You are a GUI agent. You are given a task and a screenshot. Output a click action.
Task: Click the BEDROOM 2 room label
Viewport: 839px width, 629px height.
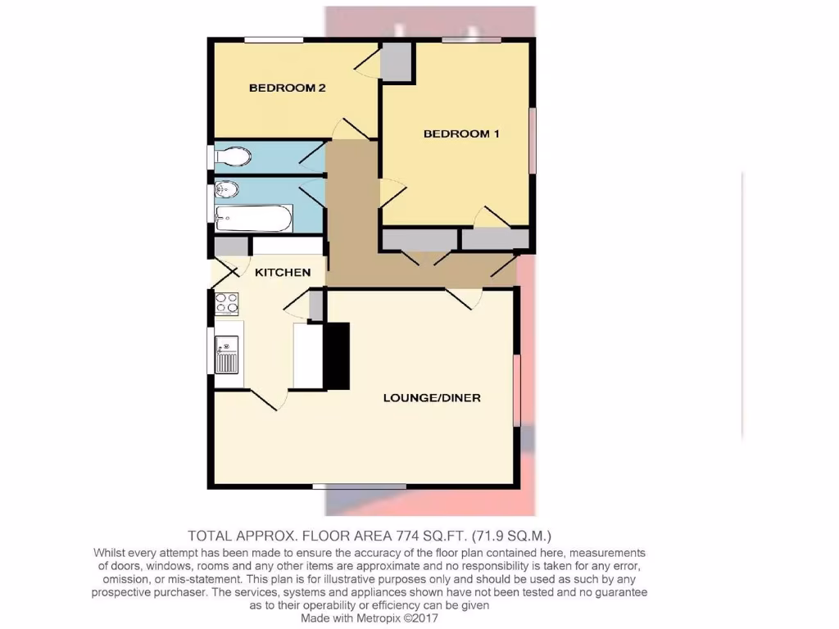(x=288, y=88)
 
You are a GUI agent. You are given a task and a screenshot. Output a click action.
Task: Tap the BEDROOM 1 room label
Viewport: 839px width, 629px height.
(x=461, y=133)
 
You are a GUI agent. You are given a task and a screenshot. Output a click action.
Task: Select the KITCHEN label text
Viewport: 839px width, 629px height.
(x=283, y=272)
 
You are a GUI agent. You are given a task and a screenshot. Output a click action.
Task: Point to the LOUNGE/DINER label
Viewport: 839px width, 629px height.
(x=432, y=398)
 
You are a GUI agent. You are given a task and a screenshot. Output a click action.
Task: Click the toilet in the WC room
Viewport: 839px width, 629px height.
(x=233, y=156)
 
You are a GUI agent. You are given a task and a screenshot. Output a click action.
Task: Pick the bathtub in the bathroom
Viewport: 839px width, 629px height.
(x=253, y=218)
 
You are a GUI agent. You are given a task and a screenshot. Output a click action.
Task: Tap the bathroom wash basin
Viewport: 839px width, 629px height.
(x=224, y=191)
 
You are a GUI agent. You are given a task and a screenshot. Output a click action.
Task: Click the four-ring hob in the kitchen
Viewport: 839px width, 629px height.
(x=227, y=303)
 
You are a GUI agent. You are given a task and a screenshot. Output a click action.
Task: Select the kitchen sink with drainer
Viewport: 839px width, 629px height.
(x=227, y=355)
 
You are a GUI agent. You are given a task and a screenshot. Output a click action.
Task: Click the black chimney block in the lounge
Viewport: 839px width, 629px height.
(x=338, y=355)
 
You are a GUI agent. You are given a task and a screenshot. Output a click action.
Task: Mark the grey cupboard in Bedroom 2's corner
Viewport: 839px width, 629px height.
(x=396, y=61)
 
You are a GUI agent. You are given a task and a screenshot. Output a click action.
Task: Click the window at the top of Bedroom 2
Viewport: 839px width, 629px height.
(x=274, y=39)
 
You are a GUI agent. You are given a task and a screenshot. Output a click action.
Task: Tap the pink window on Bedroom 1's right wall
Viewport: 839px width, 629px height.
(x=532, y=141)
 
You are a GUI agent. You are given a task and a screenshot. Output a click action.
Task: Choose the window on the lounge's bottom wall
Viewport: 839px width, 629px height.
(x=360, y=487)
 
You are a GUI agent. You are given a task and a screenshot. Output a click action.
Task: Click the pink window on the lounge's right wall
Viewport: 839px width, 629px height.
(x=517, y=390)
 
